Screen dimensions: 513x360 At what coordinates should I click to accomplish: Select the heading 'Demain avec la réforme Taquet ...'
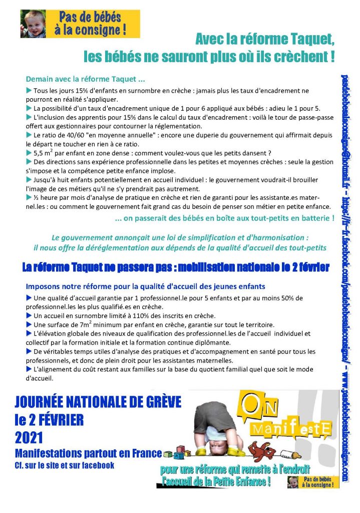[85, 79]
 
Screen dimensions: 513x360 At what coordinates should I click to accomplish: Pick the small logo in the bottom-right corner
[313, 482]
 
